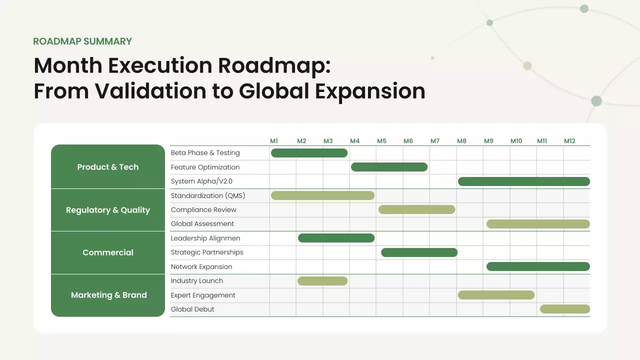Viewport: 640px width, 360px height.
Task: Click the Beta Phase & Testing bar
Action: pyautogui.click(x=309, y=153)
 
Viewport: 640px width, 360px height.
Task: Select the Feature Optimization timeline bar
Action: pyautogui.click(x=389, y=167)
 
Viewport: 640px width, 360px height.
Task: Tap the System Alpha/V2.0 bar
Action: pyautogui.click(x=523, y=181)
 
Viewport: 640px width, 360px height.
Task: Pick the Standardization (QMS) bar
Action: pyautogui.click(x=322, y=195)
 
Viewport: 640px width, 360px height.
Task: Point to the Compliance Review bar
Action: pyautogui.click(x=416, y=209)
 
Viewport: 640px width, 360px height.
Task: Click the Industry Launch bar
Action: pyautogui.click(x=322, y=281)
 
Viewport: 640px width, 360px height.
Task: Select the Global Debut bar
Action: pyautogui.click(x=565, y=309)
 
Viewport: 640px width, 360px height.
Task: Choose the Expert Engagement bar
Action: pyautogui.click(x=496, y=295)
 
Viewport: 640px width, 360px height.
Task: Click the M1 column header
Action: pyautogui.click(x=273, y=141)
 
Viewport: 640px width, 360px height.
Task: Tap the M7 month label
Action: pyautogui.click(x=435, y=141)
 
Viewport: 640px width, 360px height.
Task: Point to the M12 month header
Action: pyautogui.click(x=569, y=141)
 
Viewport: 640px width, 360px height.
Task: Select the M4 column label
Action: pyautogui.click(x=354, y=141)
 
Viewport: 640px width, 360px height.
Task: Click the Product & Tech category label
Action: pyautogui.click(x=108, y=167)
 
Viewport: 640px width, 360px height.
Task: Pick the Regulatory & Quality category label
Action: pyautogui.click(x=108, y=210)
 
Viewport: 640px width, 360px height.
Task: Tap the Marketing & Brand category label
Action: pyautogui.click(x=109, y=295)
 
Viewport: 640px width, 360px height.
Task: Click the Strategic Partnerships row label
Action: pyautogui.click(x=207, y=252)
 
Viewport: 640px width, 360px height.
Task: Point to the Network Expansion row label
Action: pyautogui.click(x=201, y=266)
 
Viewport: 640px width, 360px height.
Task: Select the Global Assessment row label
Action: pyautogui.click(x=202, y=223)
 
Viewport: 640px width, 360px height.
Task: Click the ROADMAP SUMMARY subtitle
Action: pyautogui.click(x=82, y=41)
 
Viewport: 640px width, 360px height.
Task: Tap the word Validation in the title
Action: pyautogui.click(x=150, y=91)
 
